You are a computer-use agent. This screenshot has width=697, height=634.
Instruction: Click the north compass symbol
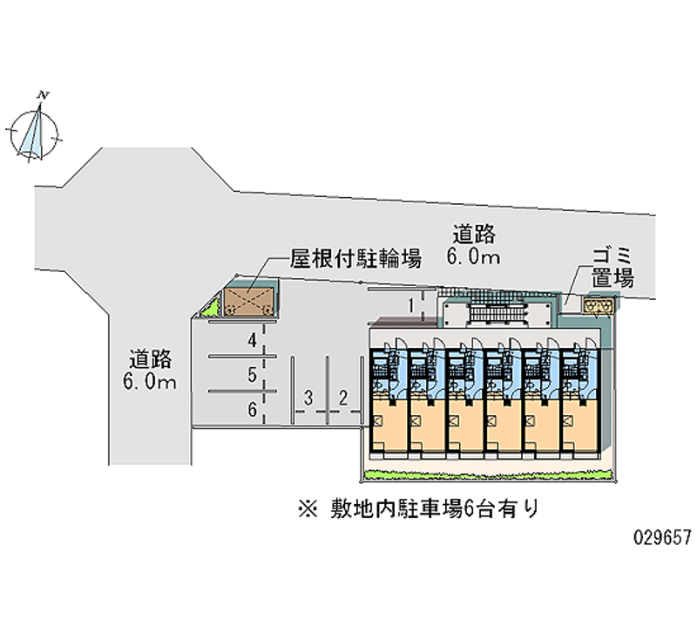point(35,130)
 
